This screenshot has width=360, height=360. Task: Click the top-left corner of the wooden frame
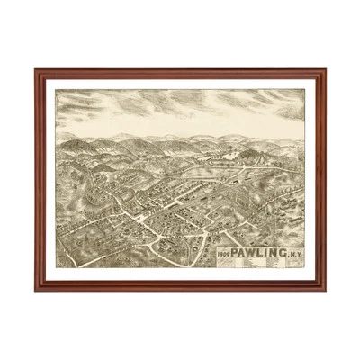click(x=36, y=70)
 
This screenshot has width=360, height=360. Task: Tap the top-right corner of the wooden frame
click(x=325, y=70)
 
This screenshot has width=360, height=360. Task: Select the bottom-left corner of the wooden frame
click(x=36, y=289)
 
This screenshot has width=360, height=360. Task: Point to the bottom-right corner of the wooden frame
click(x=325, y=289)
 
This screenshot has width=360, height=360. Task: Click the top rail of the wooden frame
click(x=180, y=72)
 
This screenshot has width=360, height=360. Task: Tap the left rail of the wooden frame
click(x=39, y=180)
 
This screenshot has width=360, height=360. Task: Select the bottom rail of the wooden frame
click(x=180, y=286)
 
